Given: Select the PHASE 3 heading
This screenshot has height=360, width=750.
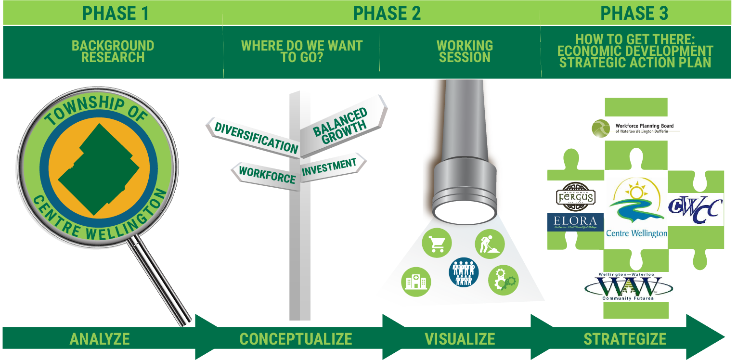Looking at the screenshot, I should [x=634, y=13].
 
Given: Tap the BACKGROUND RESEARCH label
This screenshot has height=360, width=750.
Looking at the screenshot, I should [x=113, y=51].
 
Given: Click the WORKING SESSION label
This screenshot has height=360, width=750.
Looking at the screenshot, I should [x=465, y=51].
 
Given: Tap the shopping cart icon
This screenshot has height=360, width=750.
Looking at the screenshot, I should [x=437, y=243].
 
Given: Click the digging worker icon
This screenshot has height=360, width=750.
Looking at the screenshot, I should [x=490, y=243].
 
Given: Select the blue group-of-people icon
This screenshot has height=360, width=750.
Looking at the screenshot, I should [x=464, y=272].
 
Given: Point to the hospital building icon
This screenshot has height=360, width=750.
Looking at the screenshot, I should [x=416, y=281].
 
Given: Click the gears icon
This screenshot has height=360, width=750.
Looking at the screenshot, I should [x=503, y=280].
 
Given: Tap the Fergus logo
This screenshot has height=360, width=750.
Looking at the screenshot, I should [x=575, y=196].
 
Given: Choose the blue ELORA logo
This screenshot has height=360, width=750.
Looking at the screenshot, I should [x=575, y=222].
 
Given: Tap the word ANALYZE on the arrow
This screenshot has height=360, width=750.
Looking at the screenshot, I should [x=100, y=339].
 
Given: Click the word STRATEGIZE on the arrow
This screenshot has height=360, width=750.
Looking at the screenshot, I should [x=625, y=339].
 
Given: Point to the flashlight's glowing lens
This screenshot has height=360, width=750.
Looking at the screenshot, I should [x=464, y=210].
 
